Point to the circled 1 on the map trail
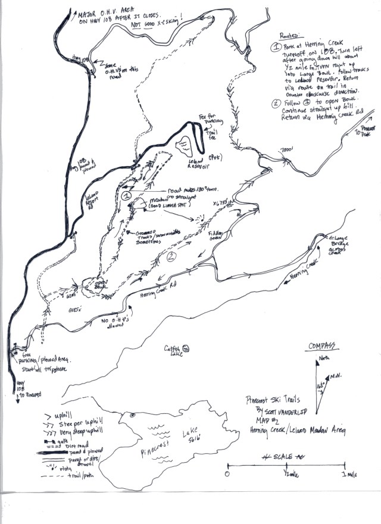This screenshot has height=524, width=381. (126, 195)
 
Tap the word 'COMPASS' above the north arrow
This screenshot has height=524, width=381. (322, 347)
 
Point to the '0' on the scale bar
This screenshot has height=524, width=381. (227, 474)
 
